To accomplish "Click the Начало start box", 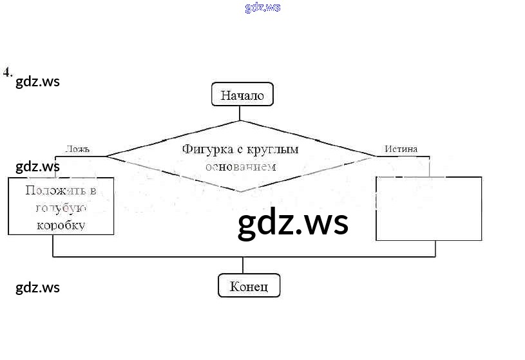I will click(x=242, y=95).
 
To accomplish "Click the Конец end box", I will click(x=249, y=286).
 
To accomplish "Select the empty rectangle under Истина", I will click(x=428, y=208).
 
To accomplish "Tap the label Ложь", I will click(x=77, y=149).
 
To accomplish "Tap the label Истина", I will click(x=401, y=149).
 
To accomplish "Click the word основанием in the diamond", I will click(x=240, y=166).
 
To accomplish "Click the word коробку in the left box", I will click(x=61, y=225).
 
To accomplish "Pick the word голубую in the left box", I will click(x=61, y=208).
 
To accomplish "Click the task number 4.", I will click(x=7, y=72).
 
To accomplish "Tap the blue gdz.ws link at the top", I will click(x=263, y=8).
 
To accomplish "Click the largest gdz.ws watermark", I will click(x=293, y=223).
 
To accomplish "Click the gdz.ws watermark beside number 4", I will click(x=37, y=82).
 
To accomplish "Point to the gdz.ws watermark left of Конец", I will click(x=37, y=287).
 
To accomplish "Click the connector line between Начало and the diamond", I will click(x=240, y=113).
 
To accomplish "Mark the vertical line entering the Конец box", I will click(x=243, y=265).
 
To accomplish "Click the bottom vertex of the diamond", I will click(x=240, y=191).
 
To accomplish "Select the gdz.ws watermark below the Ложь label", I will click(x=37, y=167).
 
